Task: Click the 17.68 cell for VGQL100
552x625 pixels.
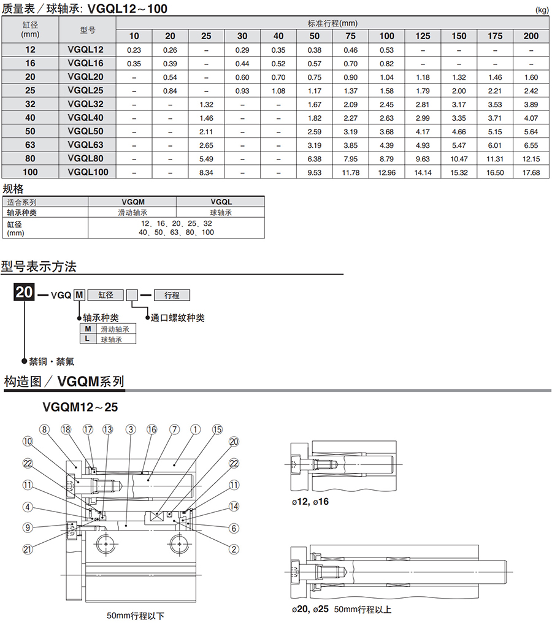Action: [x=531, y=172]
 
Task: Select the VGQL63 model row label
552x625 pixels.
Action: [x=85, y=145]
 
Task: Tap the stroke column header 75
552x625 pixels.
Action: [x=350, y=36]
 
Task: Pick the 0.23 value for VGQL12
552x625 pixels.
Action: [x=134, y=50]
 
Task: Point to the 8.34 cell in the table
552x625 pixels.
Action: [x=206, y=172]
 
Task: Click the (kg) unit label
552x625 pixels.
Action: [x=542, y=10]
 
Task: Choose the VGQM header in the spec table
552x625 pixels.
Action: [x=132, y=202]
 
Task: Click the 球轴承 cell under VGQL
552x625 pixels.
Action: [x=221, y=213]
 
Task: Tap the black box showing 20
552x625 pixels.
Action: [x=25, y=292]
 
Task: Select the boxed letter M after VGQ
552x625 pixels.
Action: [x=79, y=295]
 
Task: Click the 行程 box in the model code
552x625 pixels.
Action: [x=172, y=295]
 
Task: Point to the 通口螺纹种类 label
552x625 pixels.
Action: [x=177, y=318]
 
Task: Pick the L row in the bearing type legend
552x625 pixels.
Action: [x=107, y=339]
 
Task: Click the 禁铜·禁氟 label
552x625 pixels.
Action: [x=52, y=361]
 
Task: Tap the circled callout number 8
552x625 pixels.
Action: [x=44, y=429]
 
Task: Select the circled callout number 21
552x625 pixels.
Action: [x=28, y=550]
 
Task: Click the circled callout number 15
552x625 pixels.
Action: [x=217, y=429]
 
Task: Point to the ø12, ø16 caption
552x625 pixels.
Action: [x=310, y=502]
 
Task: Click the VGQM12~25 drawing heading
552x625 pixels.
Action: [x=80, y=407]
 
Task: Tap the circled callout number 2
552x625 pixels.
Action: [x=234, y=550]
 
